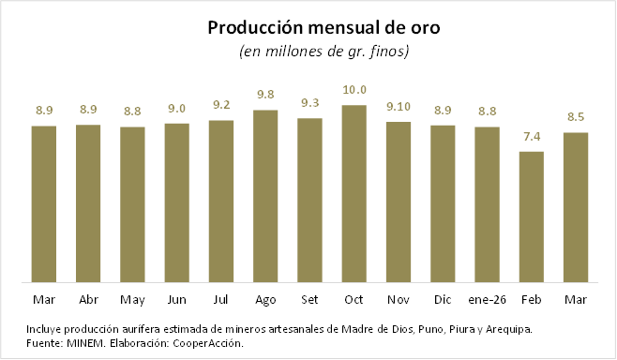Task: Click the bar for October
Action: click(x=354, y=193)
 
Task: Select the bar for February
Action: click(x=532, y=217)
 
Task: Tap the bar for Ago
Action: click(x=265, y=196)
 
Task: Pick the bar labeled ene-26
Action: click(x=488, y=204)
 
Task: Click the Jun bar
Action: click(x=176, y=203)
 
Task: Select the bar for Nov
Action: click(x=399, y=202)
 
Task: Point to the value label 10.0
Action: click(x=354, y=90)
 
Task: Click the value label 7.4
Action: click(x=532, y=137)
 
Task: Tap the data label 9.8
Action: click(x=265, y=95)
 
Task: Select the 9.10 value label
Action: click(x=399, y=107)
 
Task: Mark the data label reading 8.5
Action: click(x=576, y=117)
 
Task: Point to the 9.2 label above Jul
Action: click(x=221, y=105)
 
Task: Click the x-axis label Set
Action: click(x=309, y=300)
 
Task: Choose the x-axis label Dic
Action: click(x=443, y=300)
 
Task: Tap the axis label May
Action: click(x=132, y=301)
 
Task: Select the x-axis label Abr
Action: click(x=88, y=300)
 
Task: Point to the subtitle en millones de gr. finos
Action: click(x=324, y=52)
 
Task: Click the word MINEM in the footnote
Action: click(x=85, y=343)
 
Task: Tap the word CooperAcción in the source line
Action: click(x=208, y=343)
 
